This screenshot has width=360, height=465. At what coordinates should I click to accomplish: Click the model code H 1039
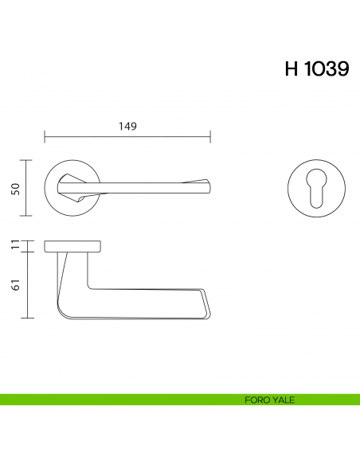pos(316,69)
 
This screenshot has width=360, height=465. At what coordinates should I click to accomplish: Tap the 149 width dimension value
pos(127,127)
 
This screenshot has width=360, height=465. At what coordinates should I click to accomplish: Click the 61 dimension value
pos(14,284)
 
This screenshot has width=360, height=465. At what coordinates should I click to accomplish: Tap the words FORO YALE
pos(270,400)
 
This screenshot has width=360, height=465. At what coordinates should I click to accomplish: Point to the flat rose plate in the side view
pos(72,244)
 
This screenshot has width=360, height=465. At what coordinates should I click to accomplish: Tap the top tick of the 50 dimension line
pos(29,160)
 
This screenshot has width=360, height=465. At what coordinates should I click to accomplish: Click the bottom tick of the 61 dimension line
pos(29,317)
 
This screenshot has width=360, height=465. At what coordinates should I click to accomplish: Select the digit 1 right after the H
pos(304,69)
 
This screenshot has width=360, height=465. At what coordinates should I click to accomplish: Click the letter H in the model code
pos(291,69)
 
